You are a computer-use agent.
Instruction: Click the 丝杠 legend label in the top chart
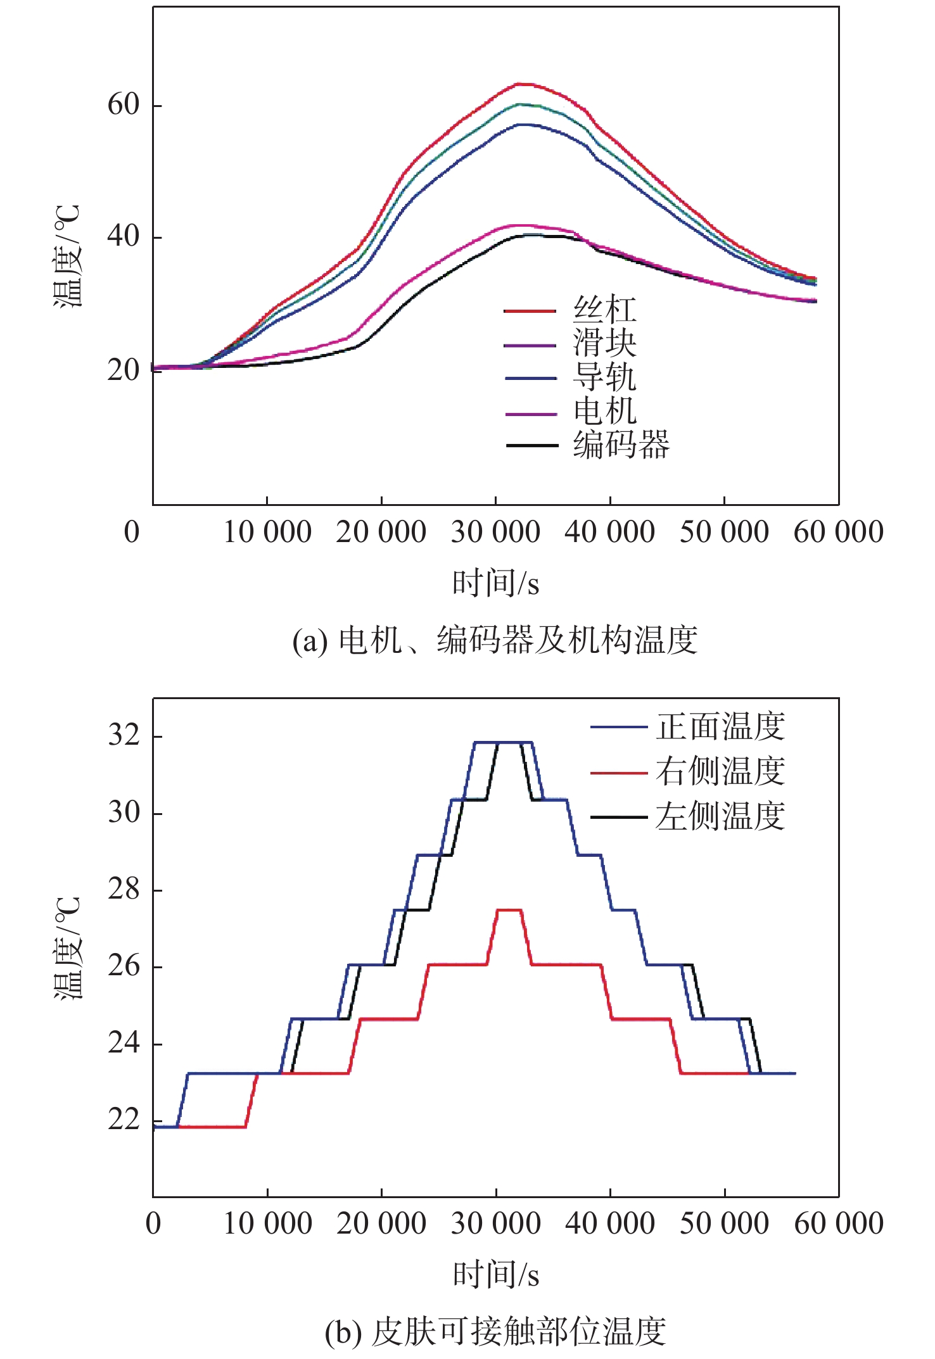tap(604, 310)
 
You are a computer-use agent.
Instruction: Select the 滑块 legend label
tap(604, 344)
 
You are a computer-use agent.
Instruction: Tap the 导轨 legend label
tap(604, 377)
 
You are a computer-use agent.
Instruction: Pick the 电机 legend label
tap(604, 412)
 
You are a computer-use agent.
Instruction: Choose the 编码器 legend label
tap(621, 445)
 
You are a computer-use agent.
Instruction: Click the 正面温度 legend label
tap(720, 726)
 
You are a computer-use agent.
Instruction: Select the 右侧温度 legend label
tap(720, 771)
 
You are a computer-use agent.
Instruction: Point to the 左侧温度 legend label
tap(720, 816)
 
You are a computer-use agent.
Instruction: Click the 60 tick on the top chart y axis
tap(124, 104)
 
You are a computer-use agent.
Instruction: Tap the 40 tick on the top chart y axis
tap(124, 237)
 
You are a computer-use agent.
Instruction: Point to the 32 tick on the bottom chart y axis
tap(124, 736)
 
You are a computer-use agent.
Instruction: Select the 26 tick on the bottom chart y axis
tap(124, 966)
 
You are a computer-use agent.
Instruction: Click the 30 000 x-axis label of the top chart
tap(495, 532)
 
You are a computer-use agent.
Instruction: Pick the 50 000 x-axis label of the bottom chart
tap(724, 1223)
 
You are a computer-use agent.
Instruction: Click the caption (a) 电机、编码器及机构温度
tap(495, 640)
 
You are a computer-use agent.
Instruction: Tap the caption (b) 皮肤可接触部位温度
tap(495, 1332)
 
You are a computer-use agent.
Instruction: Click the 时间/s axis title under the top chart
tap(495, 583)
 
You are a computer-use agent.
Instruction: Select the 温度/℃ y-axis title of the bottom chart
tap(67, 947)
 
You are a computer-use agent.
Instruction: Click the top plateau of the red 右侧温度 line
tap(509, 910)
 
